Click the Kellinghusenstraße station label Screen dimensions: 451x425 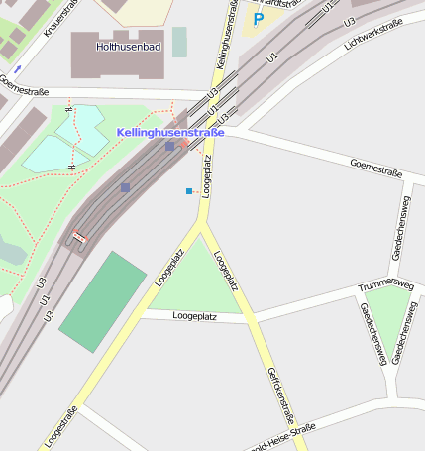(x=170, y=132)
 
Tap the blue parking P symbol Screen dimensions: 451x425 (x=258, y=19)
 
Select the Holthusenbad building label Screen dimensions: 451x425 (x=130, y=47)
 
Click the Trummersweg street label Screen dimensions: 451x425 (x=385, y=286)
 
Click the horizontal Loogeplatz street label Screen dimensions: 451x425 (x=194, y=316)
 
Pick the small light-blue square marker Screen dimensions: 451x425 (x=188, y=190)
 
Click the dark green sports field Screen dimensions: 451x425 (x=103, y=301)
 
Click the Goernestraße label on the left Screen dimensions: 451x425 (x=24, y=91)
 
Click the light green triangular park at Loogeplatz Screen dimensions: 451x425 (x=199, y=282)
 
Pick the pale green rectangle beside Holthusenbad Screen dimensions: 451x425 (x=179, y=42)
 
